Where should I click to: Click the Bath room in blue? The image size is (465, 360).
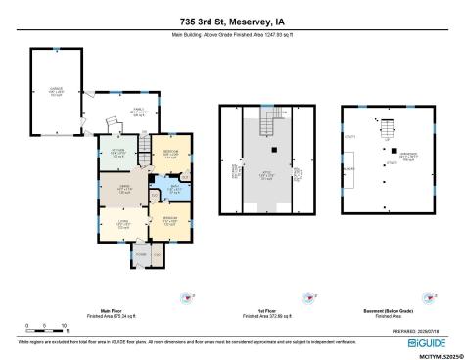point(162,191)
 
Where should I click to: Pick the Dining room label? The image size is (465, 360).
point(124,189)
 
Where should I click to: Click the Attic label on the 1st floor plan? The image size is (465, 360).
point(266,175)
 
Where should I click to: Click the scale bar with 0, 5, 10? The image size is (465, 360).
point(45,324)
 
